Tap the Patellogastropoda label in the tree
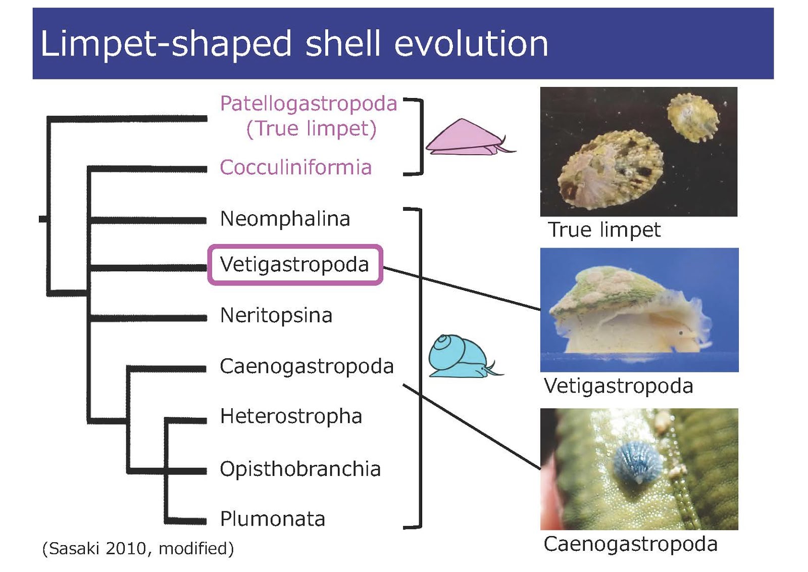tap(309, 104)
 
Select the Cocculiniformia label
tap(296, 167)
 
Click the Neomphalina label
tap(285, 219)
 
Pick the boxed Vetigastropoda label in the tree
tap(294, 265)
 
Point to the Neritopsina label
tap(276, 315)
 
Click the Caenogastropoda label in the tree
tap(307, 366)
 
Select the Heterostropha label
tap(291, 416)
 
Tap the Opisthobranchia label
tap(300, 469)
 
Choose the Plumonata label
tap(273, 519)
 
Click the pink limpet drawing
tap(470, 137)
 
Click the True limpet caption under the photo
tap(604, 230)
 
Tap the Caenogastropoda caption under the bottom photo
tap(631, 544)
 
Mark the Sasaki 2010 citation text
tap(138, 549)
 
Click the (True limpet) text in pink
tap(311, 128)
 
